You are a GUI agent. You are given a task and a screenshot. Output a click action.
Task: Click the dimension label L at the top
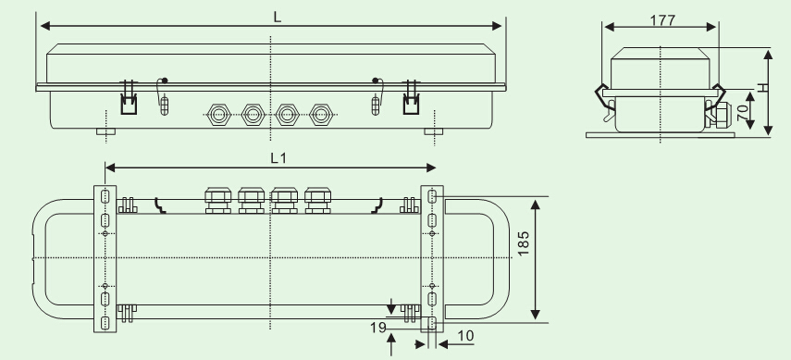[x=278, y=18]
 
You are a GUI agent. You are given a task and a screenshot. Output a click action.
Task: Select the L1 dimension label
[x=278, y=158]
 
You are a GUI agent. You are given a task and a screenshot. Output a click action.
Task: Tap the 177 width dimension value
[x=662, y=20]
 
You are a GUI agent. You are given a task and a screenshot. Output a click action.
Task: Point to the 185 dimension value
[x=524, y=242]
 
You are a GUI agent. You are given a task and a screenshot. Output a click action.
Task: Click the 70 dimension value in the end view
[x=743, y=112]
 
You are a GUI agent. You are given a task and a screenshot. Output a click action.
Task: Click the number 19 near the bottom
[x=377, y=329]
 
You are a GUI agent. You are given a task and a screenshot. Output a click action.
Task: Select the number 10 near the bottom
[x=465, y=336]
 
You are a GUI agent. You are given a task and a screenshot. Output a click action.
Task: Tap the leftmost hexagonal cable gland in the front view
[x=218, y=115]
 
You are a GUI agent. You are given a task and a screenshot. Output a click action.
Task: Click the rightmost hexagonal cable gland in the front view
[x=321, y=115]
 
